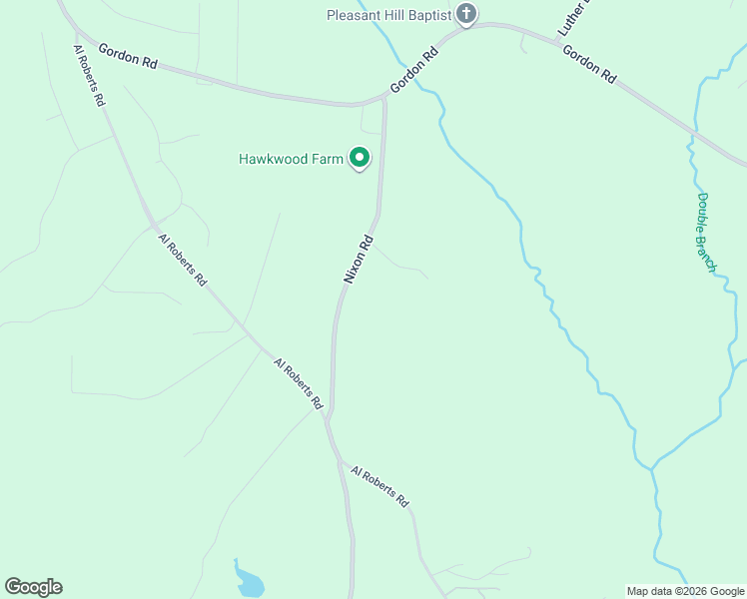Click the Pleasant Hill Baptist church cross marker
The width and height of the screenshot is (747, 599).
click(x=465, y=14)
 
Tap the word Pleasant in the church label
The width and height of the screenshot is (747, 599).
click(x=358, y=15)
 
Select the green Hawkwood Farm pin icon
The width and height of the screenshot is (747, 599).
click(x=360, y=158)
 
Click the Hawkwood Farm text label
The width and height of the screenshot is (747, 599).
click(x=290, y=159)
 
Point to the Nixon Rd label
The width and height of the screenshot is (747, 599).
click(x=359, y=260)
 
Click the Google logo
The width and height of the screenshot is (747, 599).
click(x=33, y=587)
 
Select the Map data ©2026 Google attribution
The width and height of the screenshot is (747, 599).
click(x=685, y=591)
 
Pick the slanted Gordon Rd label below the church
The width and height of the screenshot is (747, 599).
click(x=414, y=71)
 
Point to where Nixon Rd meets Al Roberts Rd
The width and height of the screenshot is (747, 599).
click(x=328, y=417)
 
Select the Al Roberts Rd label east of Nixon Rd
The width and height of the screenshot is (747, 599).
click(x=381, y=485)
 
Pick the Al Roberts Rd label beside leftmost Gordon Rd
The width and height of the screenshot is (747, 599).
click(x=89, y=75)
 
